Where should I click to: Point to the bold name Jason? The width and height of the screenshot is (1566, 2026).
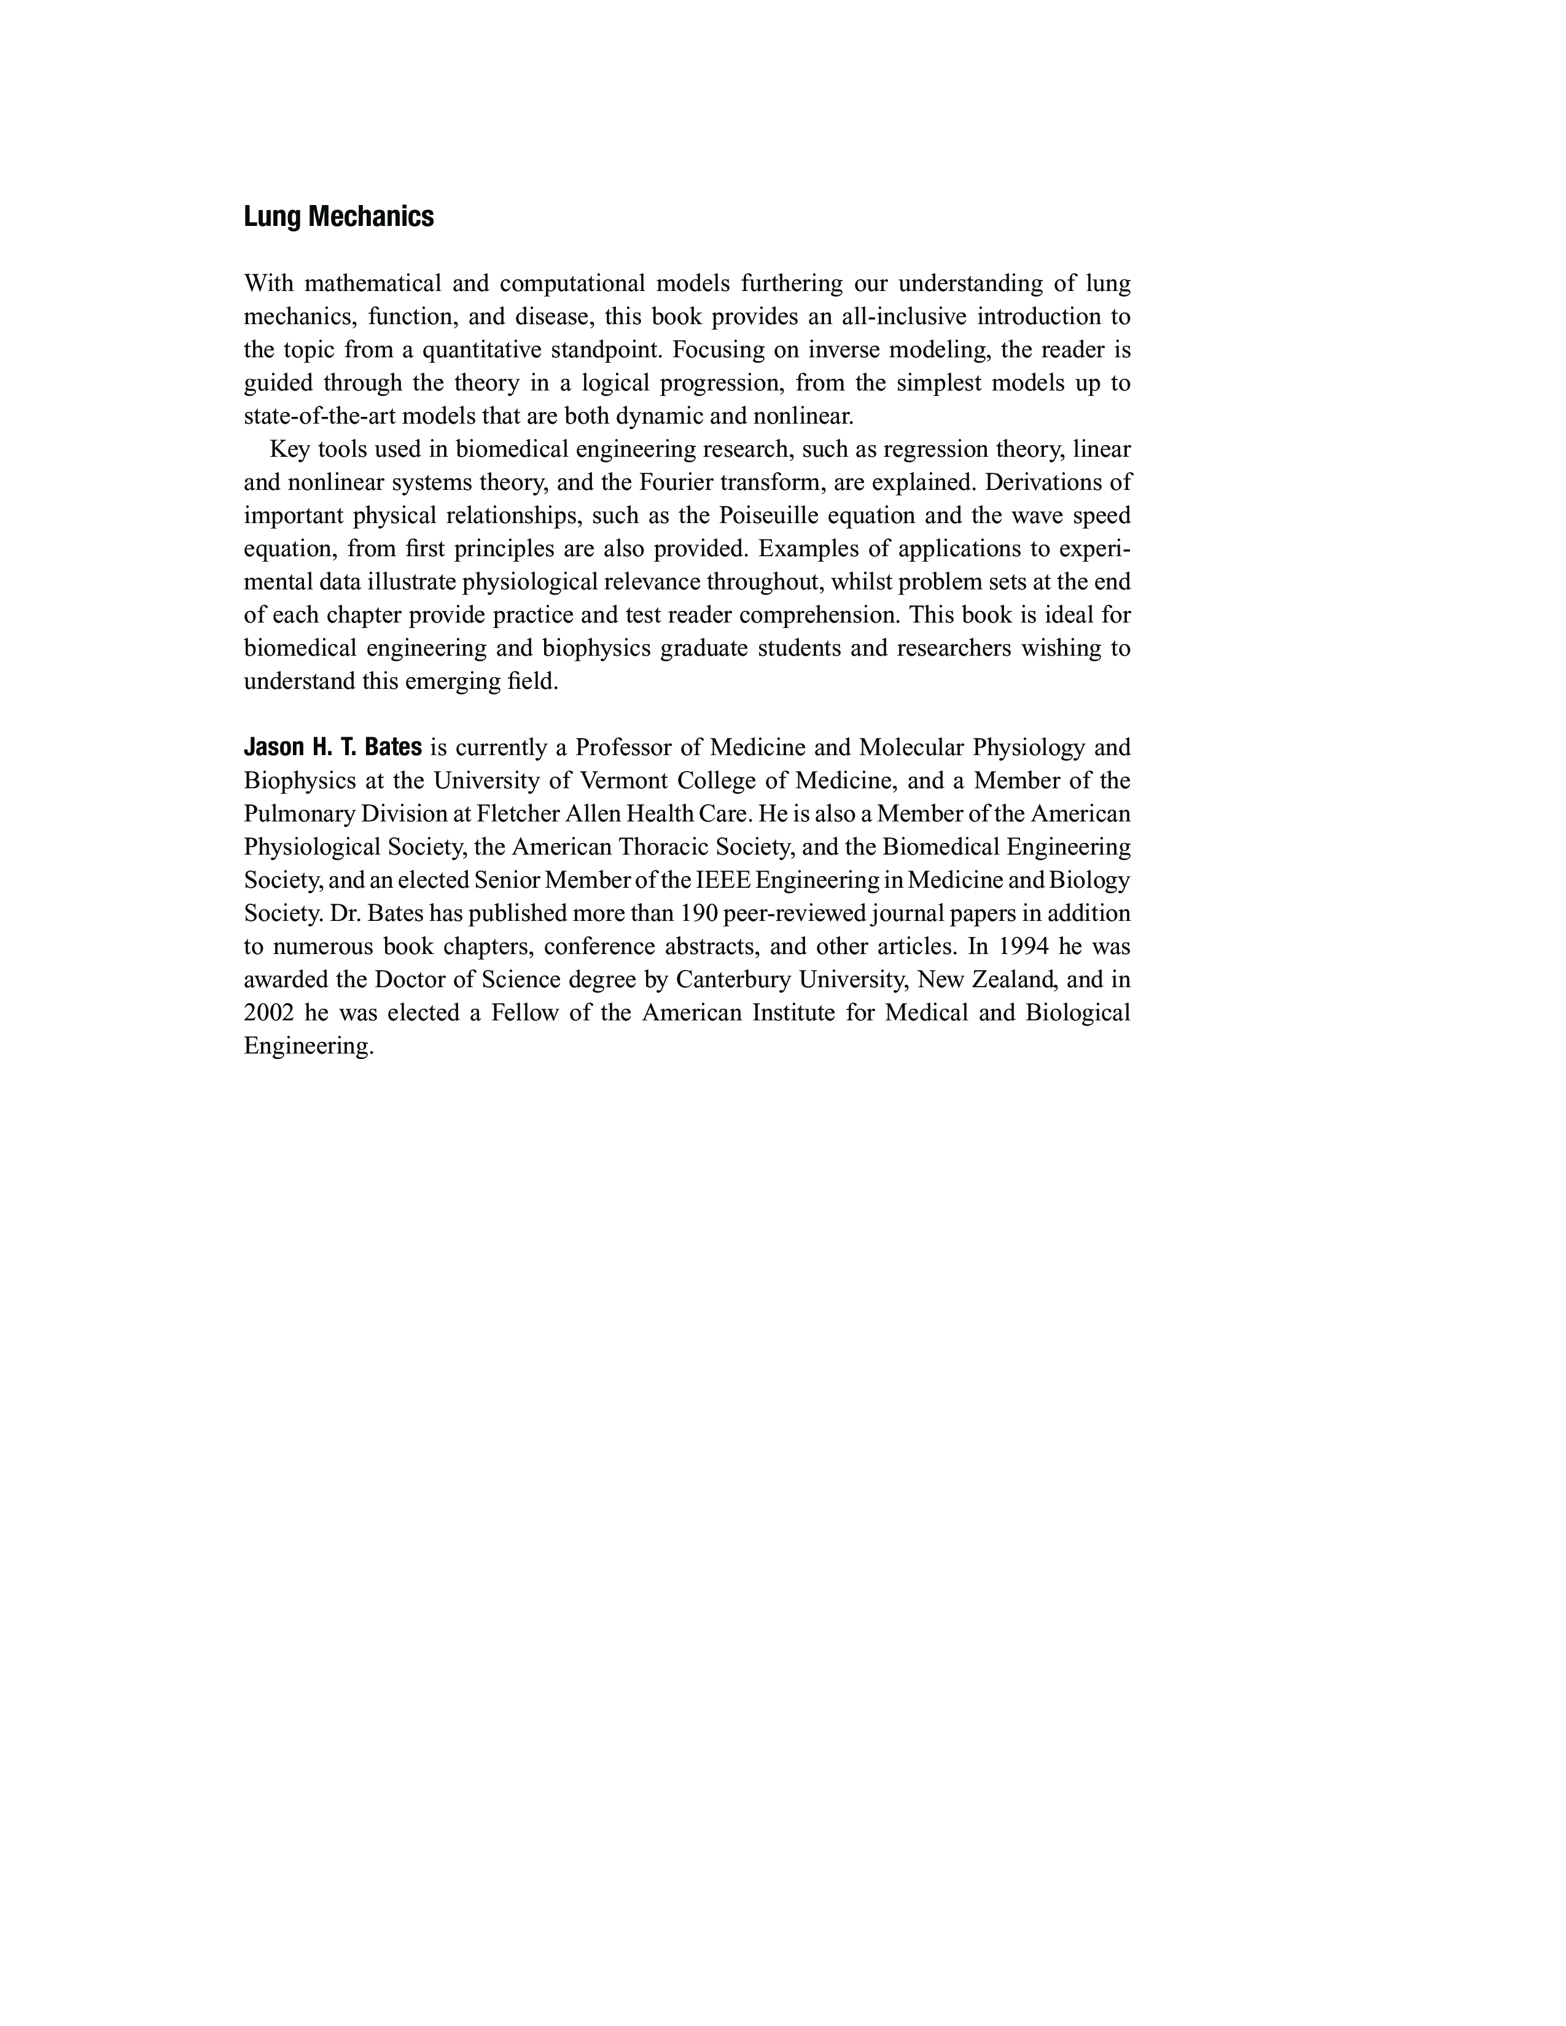click(272, 747)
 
